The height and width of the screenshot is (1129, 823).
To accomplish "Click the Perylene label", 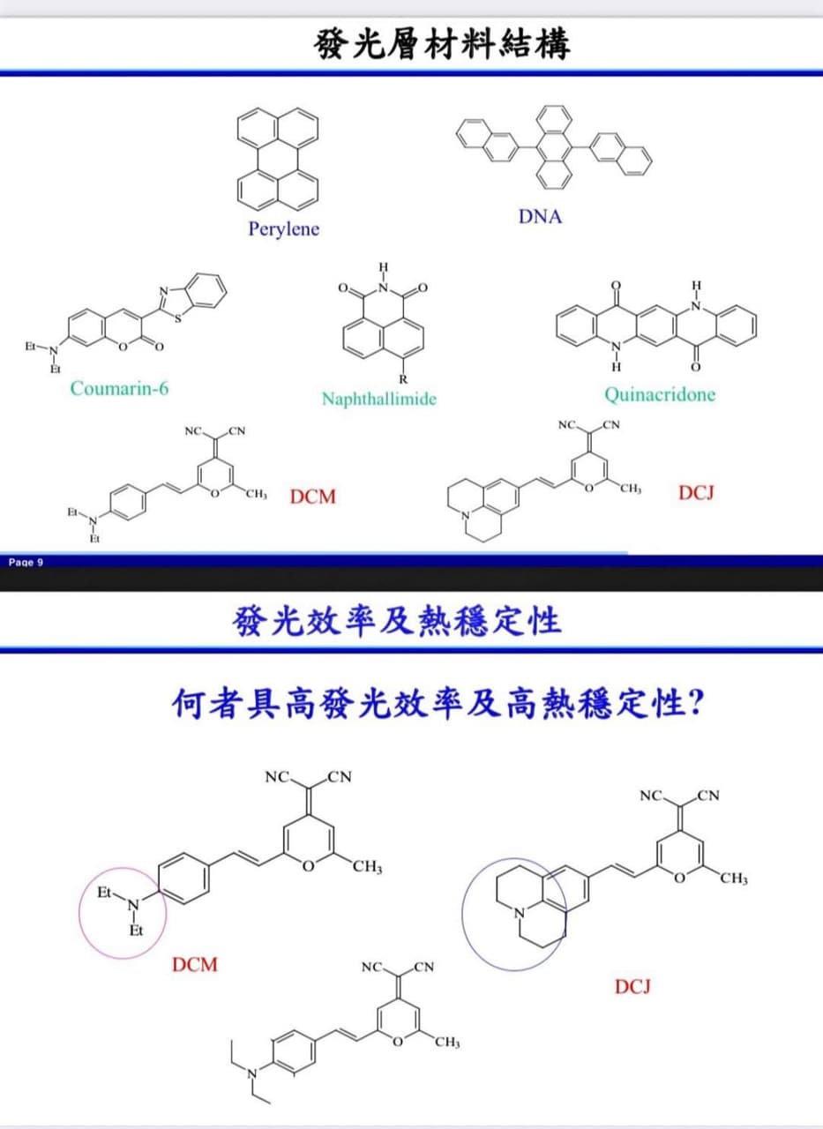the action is pyautogui.click(x=284, y=229).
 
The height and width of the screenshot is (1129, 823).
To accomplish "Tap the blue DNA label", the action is pyautogui.click(x=540, y=217).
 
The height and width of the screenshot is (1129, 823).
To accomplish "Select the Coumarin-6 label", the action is pyautogui.click(x=119, y=388).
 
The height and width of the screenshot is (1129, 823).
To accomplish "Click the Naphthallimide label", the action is pyautogui.click(x=379, y=399).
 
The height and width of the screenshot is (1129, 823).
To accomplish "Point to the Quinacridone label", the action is pyautogui.click(x=660, y=394).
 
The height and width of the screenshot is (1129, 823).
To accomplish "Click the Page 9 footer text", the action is pyautogui.click(x=26, y=563).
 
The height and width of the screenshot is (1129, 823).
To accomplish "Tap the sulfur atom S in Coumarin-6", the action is pyautogui.click(x=178, y=318).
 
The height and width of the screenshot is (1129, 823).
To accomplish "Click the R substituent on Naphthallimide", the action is pyautogui.click(x=403, y=378).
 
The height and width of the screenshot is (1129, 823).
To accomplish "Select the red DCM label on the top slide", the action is pyautogui.click(x=312, y=497).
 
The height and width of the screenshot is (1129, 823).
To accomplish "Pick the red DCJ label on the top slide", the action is pyautogui.click(x=697, y=492).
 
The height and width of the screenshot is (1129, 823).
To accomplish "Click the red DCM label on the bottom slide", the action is pyautogui.click(x=195, y=965).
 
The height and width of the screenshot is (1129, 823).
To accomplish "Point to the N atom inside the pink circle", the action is pyautogui.click(x=133, y=906).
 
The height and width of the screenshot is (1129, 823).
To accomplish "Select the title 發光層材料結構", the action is pyautogui.click(x=441, y=44).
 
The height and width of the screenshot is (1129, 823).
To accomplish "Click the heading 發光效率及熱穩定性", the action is pyautogui.click(x=397, y=621).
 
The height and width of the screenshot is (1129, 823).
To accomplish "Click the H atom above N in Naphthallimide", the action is pyautogui.click(x=384, y=266).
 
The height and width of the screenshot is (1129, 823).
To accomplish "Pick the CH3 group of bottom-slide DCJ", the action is pyautogui.click(x=734, y=879).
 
